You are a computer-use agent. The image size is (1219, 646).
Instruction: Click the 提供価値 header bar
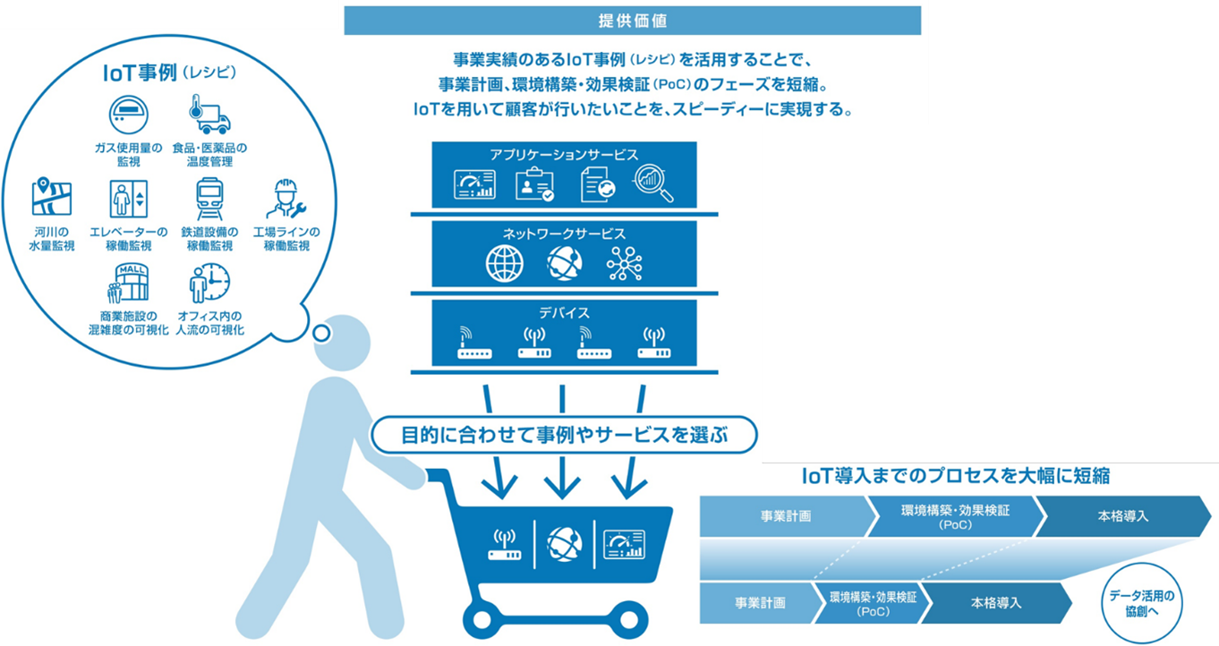click(632, 20)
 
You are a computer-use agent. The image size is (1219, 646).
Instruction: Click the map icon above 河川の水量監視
click(51, 198)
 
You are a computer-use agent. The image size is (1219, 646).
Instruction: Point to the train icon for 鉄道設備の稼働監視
click(209, 199)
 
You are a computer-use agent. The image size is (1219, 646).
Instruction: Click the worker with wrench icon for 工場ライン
click(286, 200)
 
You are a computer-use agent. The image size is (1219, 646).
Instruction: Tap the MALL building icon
click(127, 282)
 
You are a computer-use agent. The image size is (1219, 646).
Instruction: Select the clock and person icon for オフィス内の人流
click(209, 282)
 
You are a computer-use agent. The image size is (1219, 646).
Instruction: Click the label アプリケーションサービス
click(564, 154)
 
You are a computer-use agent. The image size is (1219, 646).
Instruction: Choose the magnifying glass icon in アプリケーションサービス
click(652, 183)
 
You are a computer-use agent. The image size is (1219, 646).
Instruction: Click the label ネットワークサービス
click(564, 233)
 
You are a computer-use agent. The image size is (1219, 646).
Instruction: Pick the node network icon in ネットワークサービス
click(624, 263)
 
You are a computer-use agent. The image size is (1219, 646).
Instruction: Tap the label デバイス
click(564, 313)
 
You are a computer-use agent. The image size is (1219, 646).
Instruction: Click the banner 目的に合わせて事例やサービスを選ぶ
click(564, 435)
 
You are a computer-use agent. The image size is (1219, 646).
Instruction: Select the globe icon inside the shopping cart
click(564, 542)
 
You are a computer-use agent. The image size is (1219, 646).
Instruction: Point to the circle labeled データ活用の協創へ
click(1139, 601)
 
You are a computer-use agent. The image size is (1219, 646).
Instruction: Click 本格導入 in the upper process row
click(1122, 516)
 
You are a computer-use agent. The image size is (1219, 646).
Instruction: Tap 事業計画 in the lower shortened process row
click(760, 602)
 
